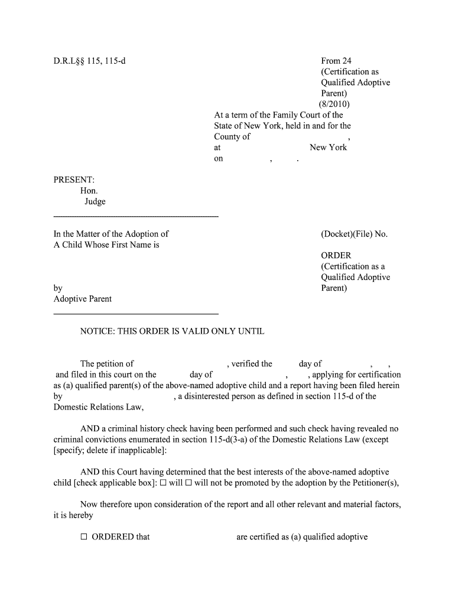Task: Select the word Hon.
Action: pos(89,191)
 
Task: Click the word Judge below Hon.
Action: pos(95,202)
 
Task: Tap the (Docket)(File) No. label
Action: pos(354,234)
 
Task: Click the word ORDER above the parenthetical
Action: pos(336,256)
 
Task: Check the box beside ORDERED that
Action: pos(84,537)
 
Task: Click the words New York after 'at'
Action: pos(328,147)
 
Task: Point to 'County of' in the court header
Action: pos(232,136)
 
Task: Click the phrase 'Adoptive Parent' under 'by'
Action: pos(83,299)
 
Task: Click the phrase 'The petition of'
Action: pos(107,364)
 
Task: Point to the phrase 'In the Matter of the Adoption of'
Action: pos(111,234)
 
